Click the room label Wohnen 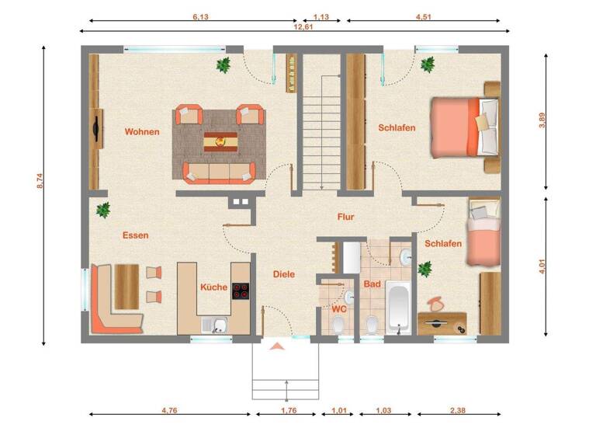(x=142, y=132)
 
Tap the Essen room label (x=135, y=235)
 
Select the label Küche (x=213, y=287)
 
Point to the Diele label (x=284, y=274)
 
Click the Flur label (x=345, y=217)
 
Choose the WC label (x=338, y=308)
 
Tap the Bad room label (x=372, y=284)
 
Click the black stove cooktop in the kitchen (x=241, y=293)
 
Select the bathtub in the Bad (x=398, y=308)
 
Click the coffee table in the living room (x=220, y=141)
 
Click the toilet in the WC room (x=340, y=325)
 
